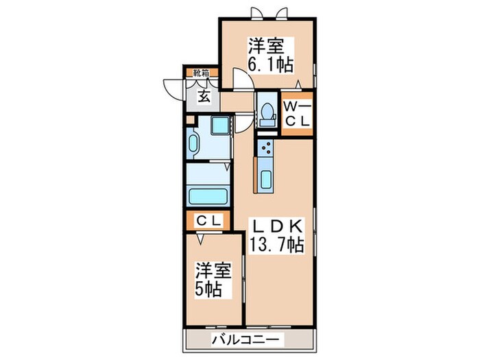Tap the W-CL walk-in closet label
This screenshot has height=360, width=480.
point(298,113)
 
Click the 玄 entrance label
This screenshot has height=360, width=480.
point(204,96)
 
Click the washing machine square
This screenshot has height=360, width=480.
point(221,126)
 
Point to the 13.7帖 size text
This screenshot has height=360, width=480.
point(277,244)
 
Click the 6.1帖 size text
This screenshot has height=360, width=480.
point(271,64)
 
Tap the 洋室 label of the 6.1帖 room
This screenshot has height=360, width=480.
point(266,47)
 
